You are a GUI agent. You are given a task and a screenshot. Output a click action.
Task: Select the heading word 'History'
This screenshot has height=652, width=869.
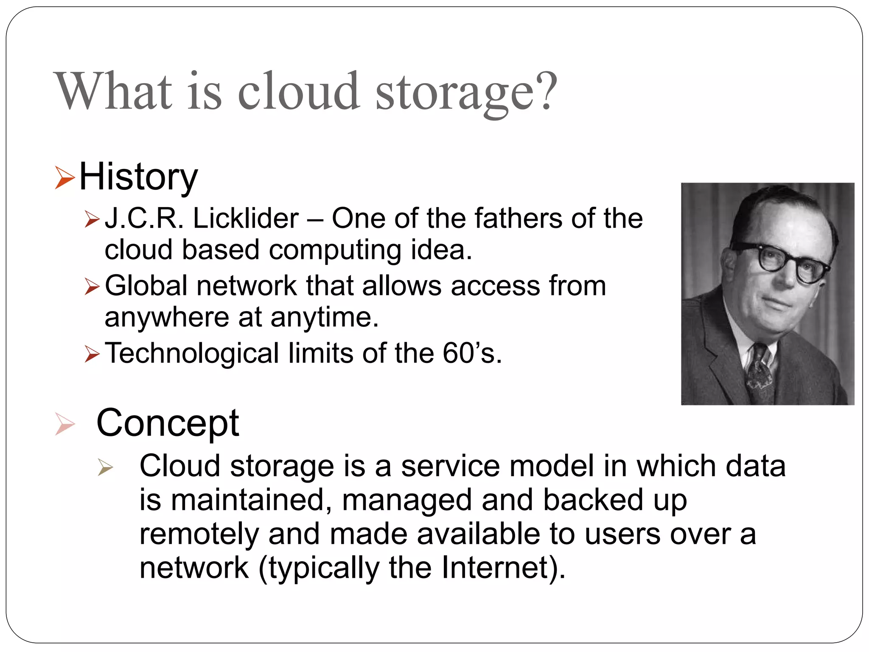(138, 177)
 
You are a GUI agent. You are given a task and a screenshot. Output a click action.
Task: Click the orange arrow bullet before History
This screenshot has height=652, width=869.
(64, 178)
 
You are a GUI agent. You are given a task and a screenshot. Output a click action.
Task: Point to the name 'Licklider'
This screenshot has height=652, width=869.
(246, 219)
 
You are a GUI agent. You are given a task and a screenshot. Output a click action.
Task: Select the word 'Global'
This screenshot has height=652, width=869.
(146, 286)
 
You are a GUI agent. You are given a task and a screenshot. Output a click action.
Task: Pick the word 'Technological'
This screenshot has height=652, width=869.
(191, 353)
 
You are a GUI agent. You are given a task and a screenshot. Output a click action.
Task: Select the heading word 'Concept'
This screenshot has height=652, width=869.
(168, 423)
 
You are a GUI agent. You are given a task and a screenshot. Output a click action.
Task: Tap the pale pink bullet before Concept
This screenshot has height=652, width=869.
(64, 424)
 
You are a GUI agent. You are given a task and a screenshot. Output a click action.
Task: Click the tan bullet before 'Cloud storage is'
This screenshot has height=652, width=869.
(105, 467)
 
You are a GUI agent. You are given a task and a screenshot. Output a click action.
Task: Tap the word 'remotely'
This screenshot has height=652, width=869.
(199, 534)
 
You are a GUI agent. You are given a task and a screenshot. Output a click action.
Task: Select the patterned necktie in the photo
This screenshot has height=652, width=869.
(760, 374)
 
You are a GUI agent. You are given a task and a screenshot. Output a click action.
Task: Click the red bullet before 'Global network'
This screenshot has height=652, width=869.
(92, 287)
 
